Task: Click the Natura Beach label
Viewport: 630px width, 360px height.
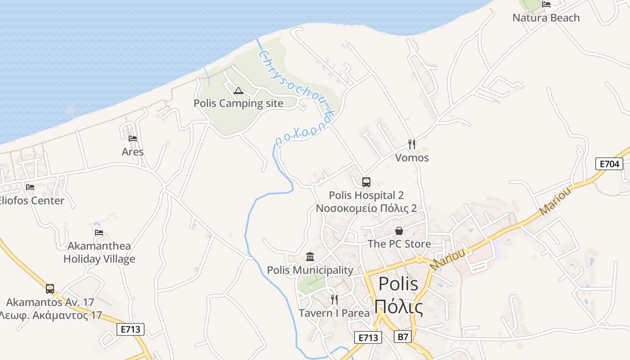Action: (x=546, y=18)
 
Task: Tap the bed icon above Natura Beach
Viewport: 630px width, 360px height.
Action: (x=546, y=4)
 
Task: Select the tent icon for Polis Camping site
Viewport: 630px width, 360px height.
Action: (x=238, y=91)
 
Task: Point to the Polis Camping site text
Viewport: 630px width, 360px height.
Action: (x=238, y=103)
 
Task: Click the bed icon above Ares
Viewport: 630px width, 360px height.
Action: (x=133, y=139)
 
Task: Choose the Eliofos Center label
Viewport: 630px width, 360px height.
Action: (x=32, y=201)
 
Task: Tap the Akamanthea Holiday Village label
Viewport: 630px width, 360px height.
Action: (x=99, y=252)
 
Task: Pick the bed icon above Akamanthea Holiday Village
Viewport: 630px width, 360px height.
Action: (x=99, y=233)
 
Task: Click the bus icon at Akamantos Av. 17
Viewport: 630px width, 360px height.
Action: (x=50, y=289)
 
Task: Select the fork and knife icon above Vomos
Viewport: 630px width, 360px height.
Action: (x=411, y=144)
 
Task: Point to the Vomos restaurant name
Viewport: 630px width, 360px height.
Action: (x=412, y=158)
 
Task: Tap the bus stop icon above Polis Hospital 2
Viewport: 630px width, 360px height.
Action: (x=366, y=182)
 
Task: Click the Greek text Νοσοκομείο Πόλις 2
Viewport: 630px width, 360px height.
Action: (x=366, y=208)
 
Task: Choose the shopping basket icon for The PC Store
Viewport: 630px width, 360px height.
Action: (x=399, y=231)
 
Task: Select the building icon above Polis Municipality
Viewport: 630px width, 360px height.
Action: (x=310, y=257)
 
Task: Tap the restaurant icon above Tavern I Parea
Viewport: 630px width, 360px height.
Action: (x=334, y=300)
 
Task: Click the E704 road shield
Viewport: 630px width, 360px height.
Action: (x=609, y=164)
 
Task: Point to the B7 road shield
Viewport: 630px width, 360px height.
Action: (x=404, y=337)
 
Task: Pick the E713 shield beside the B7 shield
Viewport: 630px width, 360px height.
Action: (x=368, y=337)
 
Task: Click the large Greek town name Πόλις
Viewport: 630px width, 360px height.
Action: (x=399, y=308)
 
